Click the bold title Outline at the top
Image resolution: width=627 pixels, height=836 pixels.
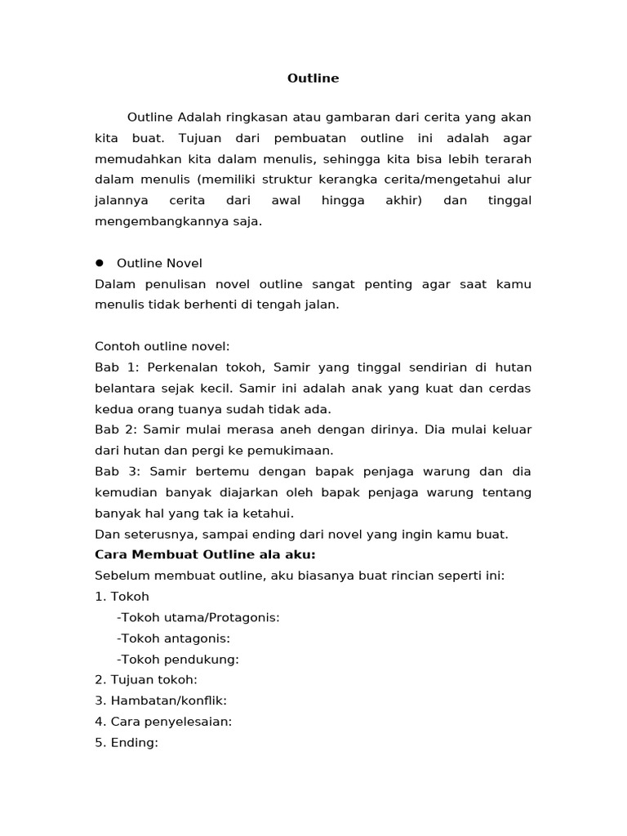(x=313, y=78)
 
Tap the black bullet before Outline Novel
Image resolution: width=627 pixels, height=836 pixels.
(x=100, y=263)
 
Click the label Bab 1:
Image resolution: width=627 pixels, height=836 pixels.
(x=117, y=367)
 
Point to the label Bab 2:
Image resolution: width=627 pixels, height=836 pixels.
(x=117, y=429)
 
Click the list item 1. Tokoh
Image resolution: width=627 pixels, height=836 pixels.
(x=122, y=597)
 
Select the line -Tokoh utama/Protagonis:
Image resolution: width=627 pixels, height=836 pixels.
(x=198, y=617)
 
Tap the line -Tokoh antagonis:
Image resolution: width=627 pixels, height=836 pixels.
(x=173, y=638)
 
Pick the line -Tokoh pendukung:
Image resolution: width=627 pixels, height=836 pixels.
(x=178, y=660)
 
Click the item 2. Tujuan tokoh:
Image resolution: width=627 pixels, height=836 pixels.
(x=146, y=680)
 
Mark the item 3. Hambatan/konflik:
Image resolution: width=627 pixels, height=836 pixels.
(x=161, y=701)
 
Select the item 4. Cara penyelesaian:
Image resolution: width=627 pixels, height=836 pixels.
(x=163, y=722)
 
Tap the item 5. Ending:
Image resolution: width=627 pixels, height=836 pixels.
(x=127, y=743)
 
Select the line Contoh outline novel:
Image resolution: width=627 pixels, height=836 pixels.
(x=163, y=346)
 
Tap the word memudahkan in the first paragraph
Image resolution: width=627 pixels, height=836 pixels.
(x=136, y=159)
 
